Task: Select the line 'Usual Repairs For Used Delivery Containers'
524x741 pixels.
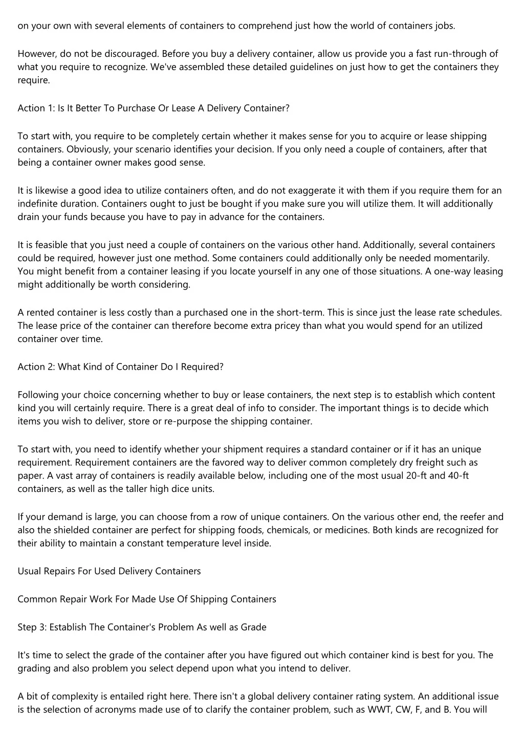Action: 109,571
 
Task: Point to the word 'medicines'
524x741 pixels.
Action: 346,530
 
